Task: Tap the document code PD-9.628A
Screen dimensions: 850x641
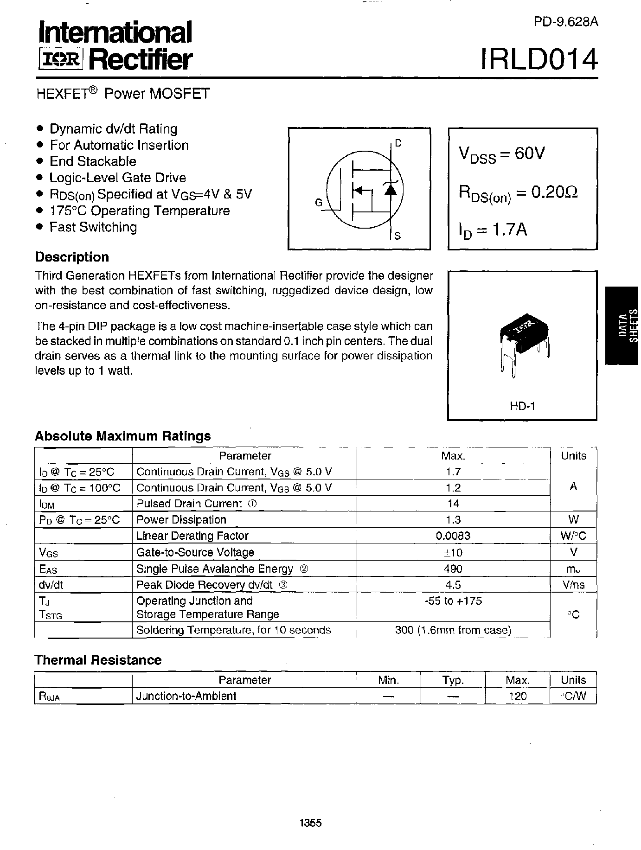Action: click(565, 22)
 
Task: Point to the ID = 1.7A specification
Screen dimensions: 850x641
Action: click(493, 230)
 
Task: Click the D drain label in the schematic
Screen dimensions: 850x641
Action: click(397, 143)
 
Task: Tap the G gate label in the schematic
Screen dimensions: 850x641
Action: click(319, 203)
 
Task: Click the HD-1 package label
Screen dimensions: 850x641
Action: click(522, 406)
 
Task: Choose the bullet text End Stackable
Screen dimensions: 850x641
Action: click(93, 161)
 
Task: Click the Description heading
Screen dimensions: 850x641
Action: click(72, 257)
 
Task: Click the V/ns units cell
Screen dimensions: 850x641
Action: click(573, 585)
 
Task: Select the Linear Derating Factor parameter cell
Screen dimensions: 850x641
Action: click(192, 536)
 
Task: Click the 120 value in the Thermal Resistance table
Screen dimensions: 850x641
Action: click(517, 696)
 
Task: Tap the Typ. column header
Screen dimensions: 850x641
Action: click(453, 680)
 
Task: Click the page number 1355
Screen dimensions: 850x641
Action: click(311, 823)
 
